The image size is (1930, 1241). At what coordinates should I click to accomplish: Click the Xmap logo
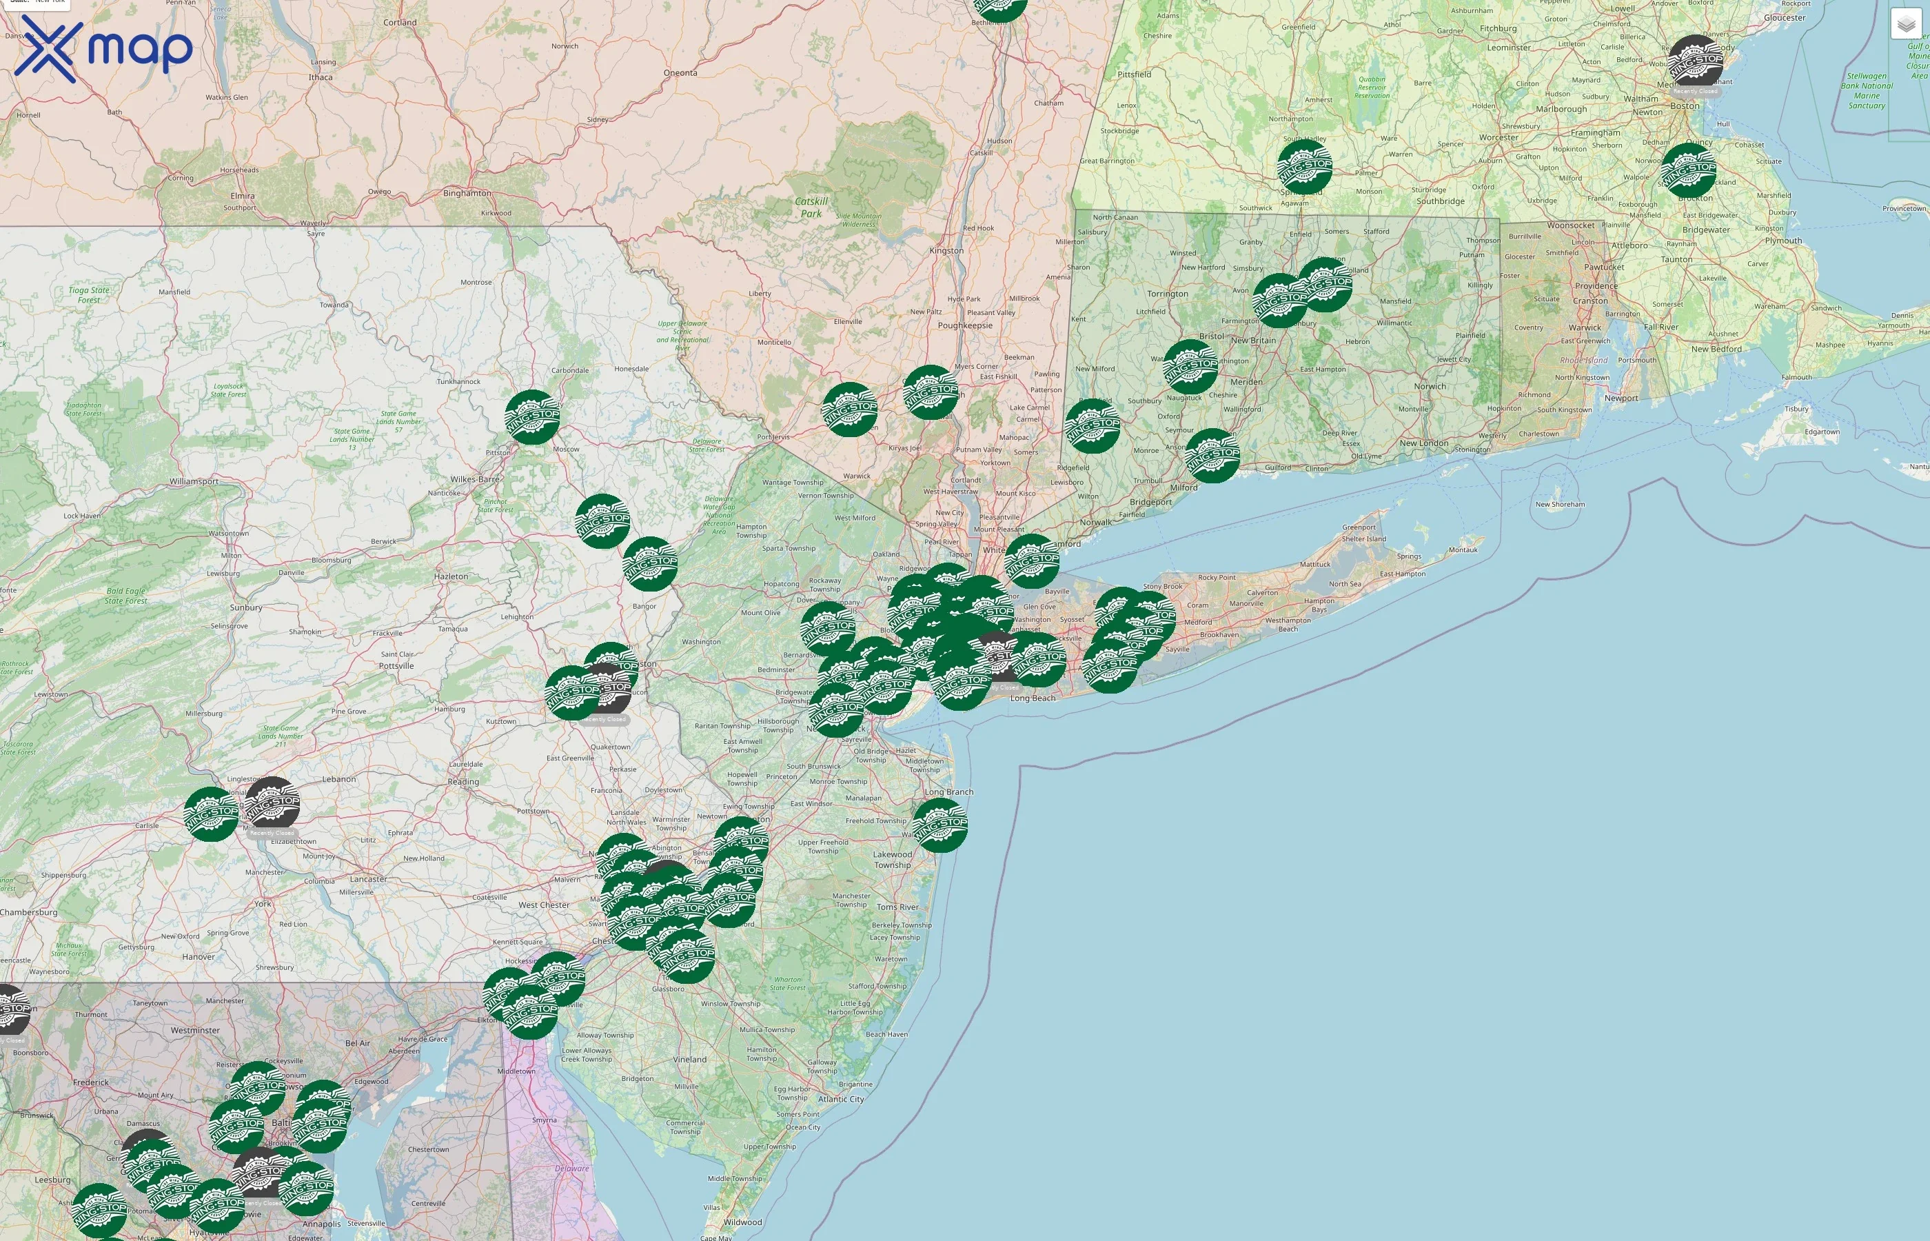[103, 48]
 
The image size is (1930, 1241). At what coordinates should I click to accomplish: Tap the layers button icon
[1905, 24]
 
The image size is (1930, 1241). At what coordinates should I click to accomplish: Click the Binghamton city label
[467, 194]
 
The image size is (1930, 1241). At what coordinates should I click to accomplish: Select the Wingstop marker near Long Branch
[940, 825]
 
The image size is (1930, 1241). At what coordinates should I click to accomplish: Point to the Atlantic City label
[840, 1098]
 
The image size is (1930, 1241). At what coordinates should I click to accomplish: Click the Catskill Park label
[811, 207]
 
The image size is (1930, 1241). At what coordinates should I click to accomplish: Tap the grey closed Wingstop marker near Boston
[1695, 61]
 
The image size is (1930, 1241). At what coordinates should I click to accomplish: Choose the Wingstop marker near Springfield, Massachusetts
[1304, 168]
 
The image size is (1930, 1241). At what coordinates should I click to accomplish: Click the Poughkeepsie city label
[964, 325]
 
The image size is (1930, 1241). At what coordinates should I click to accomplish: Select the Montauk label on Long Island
[1463, 549]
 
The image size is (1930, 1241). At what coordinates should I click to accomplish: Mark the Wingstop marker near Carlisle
[211, 814]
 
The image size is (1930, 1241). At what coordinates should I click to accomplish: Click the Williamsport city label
[193, 481]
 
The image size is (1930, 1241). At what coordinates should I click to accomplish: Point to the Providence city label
[1596, 286]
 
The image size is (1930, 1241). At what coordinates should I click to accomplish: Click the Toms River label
[897, 907]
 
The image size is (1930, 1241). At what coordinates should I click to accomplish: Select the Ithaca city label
[321, 77]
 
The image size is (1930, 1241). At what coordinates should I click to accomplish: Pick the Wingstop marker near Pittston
[531, 417]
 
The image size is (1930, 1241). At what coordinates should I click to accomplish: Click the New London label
[1423, 443]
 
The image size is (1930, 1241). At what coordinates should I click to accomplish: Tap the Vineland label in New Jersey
[689, 1060]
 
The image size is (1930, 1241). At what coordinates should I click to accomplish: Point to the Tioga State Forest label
[90, 295]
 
